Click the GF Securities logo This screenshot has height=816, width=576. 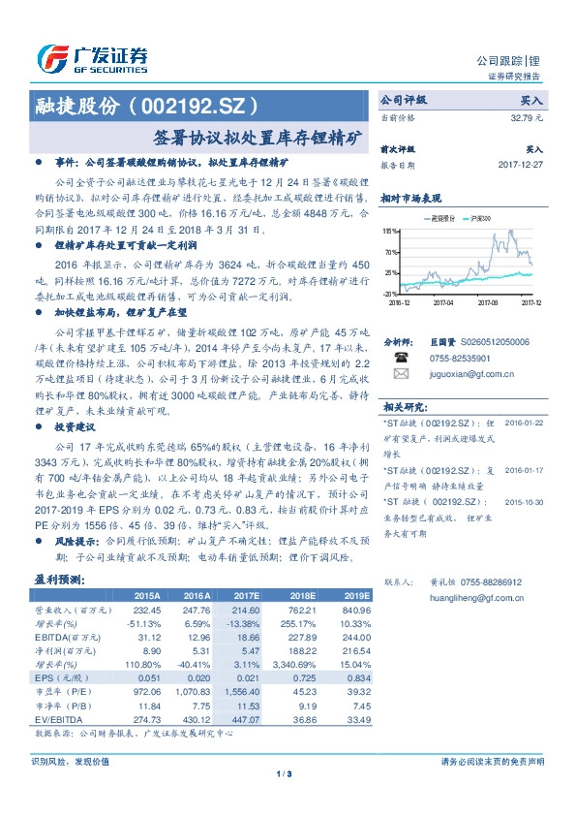tap(92, 59)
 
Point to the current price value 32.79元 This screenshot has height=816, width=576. tap(528, 117)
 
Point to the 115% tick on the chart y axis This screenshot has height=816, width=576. tap(390, 231)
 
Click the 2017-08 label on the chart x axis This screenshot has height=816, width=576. tap(487, 301)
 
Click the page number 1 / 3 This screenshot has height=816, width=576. tap(284, 772)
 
